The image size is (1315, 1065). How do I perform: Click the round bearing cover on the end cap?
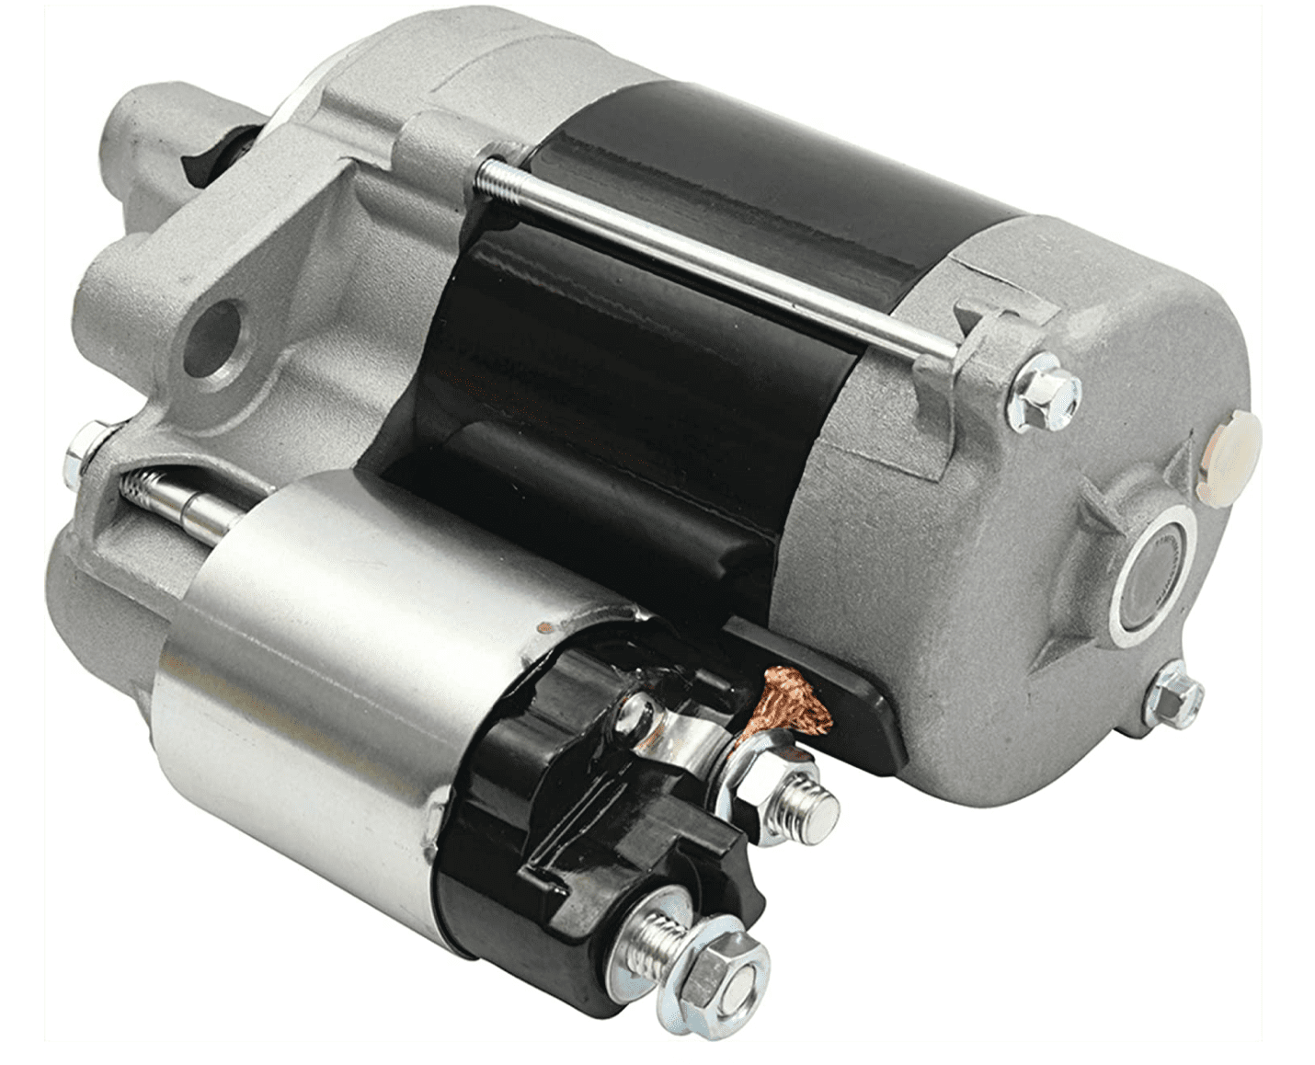[x=1153, y=575]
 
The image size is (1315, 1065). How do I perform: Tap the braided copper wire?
[x=787, y=704]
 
